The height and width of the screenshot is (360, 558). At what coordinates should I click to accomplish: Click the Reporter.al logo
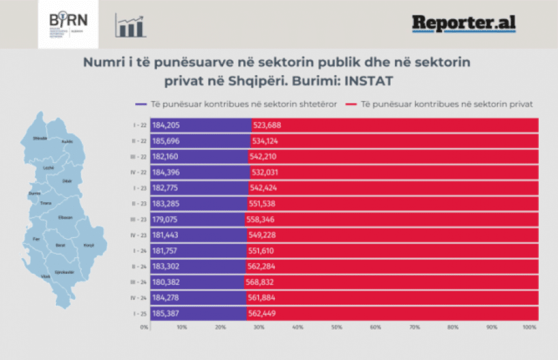pyautogui.click(x=464, y=24)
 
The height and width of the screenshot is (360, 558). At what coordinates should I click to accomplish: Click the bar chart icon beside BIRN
pyautogui.click(x=130, y=24)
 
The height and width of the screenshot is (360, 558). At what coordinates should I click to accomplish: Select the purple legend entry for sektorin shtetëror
pyautogui.click(x=236, y=104)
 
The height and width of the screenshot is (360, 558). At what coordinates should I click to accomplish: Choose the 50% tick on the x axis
pyautogui.click(x=336, y=327)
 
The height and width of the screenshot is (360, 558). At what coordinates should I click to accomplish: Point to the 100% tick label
pyautogui.click(x=530, y=327)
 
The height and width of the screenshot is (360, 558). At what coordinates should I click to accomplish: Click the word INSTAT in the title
pyautogui.click(x=369, y=80)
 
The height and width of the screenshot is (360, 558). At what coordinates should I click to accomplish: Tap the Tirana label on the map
pyautogui.click(x=45, y=203)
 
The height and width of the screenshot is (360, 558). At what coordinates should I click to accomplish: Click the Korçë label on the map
pyautogui.click(x=89, y=245)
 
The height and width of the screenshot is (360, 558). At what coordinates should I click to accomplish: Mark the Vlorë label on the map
pyautogui.click(x=46, y=276)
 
